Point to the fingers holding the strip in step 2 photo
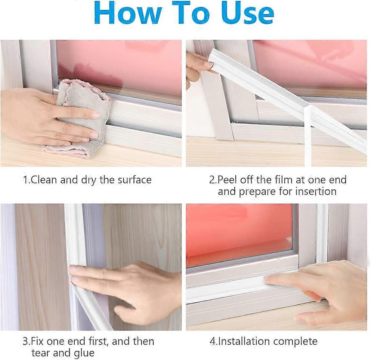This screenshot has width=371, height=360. click(x=198, y=65)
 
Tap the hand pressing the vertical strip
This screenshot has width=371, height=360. click(x=142, y=288)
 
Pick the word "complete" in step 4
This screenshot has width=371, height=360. click(x=295, y=341)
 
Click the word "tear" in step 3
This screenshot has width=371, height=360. click(x=41, y=353)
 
